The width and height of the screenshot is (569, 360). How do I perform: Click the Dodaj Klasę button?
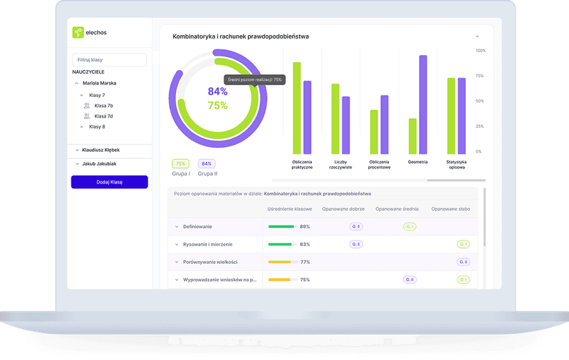(109, 182)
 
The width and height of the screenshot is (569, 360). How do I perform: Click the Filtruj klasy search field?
(109, 60)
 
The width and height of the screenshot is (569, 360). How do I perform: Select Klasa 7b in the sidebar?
(104, 106)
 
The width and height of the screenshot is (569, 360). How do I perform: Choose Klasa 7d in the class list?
(104, 116)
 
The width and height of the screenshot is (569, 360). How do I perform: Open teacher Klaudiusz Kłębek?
(101, 150)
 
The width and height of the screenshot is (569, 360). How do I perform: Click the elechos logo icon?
(78, 32)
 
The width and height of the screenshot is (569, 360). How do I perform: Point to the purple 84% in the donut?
(217, 91)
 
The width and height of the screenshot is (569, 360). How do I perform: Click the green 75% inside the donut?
(217, 106)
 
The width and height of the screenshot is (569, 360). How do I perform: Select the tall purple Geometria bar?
(423, 104)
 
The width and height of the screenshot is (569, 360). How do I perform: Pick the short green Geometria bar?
(412, 136)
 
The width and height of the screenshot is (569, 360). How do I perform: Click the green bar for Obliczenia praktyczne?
(297, 108)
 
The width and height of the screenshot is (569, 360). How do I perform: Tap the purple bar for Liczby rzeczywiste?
(346, 125)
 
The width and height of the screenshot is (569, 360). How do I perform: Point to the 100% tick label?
(480, 51)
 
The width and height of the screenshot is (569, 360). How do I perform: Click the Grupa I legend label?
(181, 174)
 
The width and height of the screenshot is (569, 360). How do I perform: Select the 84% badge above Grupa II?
(206, 164)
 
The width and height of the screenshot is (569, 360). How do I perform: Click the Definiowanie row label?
(198, 227)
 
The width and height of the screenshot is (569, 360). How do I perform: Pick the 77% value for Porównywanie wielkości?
(305, 262)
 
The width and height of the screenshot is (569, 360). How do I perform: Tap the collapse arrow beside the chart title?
(477, 36)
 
